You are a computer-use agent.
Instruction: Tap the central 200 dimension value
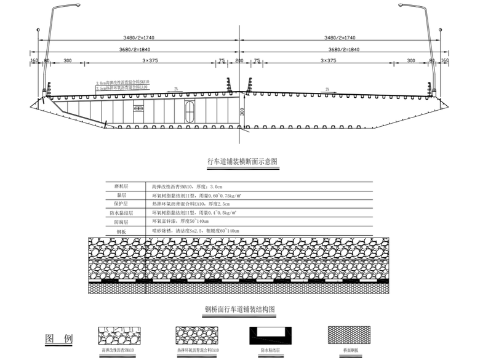(x=239, y=61)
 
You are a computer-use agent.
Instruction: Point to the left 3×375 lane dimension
(x=151, y=61)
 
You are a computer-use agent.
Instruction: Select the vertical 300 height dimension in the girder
(x=242, y=111)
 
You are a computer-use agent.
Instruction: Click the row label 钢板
(x=121, y=231)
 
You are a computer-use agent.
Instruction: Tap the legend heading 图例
(x=59, y=339)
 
